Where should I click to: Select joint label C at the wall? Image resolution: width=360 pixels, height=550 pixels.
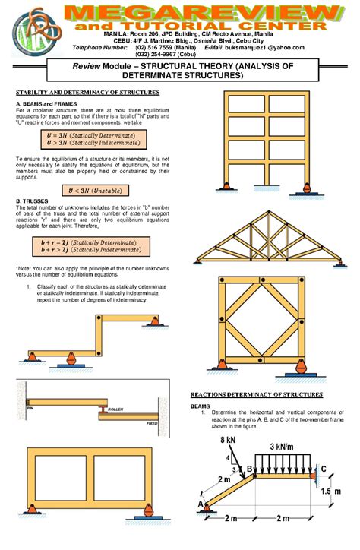(x=324, y=469)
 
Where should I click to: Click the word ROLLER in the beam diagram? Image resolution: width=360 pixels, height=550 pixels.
(x=115, y=409)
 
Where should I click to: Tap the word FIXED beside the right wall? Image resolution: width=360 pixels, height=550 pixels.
(x=153, y=422)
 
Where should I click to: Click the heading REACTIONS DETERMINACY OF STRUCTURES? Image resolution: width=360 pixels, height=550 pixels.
(x=256, y=395)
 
